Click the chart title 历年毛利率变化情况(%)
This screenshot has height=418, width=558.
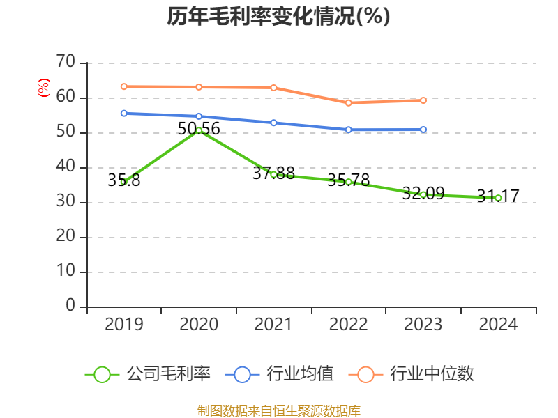point(278,17)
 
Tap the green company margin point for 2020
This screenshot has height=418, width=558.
point(199,130)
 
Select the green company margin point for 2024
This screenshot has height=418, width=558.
point(498,198)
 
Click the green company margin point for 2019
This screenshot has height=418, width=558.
point(123,182)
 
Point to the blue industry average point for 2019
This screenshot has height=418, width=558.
point(123,113)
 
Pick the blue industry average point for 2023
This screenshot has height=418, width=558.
point(423,130)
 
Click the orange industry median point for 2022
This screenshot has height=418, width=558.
point(348,102)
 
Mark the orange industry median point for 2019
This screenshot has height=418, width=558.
point(123,86)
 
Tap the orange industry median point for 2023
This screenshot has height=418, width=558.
point(423,100)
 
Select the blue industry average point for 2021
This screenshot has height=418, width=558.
point(273,123)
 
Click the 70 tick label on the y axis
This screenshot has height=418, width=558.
point(66,63)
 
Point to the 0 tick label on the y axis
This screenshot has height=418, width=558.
point(70,306)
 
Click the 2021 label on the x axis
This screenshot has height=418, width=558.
point(273,325)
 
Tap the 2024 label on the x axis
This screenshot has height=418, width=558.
point(498,325)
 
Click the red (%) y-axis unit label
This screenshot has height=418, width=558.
point(44,88)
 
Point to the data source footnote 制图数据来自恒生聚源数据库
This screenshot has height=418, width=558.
point(278,410)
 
